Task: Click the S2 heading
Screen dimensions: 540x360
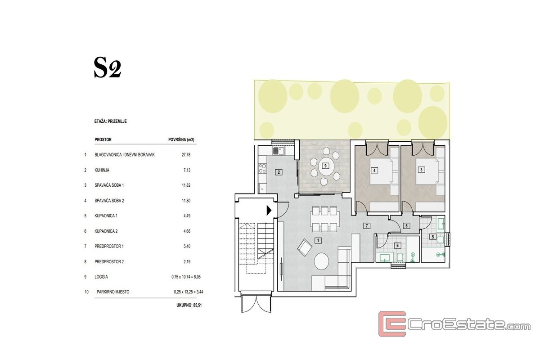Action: [107, 68]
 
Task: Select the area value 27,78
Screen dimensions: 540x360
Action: [186, 155]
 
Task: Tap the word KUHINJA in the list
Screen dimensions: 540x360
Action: [102, 170]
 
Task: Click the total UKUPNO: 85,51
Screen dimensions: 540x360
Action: [189, 305]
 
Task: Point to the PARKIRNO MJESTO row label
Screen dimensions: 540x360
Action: [113, 292]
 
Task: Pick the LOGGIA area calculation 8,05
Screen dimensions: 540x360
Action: [186, 277]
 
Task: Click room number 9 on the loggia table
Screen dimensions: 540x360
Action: [325, 166]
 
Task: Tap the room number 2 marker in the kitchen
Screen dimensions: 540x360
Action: [279, 172]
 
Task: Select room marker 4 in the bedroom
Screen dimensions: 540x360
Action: [374, 171]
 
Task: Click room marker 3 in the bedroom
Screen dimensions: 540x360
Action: [421, 170]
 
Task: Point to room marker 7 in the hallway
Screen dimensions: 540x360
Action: [367, 226]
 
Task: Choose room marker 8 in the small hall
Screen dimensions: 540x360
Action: [406, 226]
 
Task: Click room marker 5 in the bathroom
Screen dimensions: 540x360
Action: [433, 237]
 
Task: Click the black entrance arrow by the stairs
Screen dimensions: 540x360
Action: [269, 210]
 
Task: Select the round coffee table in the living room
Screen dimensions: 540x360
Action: [322, 261]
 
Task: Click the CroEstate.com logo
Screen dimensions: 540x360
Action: [454, 324]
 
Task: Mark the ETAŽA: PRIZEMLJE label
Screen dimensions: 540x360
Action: [110, 121]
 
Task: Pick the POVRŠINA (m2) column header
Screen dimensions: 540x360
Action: [181, 139]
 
